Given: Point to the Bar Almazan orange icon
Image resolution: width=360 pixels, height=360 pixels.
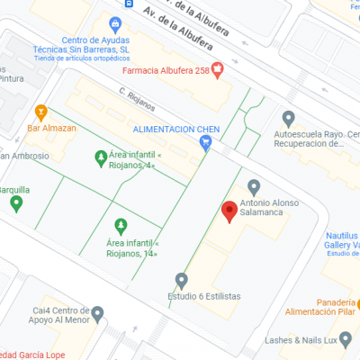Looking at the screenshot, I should [x=40, y=112].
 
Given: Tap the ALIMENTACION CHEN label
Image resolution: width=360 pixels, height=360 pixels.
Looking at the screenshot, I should [x=172, y=129].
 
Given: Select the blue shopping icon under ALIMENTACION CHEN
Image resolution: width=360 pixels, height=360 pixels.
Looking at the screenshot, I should [x=205, y=141].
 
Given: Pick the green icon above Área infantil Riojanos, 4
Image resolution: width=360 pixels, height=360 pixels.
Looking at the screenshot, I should [x=100, y=158].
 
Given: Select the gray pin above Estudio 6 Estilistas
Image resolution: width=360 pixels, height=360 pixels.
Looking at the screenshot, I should [x=182, y=279].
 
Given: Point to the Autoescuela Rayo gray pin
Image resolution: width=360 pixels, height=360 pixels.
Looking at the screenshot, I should [x=289, y=118].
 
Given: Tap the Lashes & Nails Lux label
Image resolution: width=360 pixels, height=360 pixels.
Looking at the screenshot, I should [x=301, y=340].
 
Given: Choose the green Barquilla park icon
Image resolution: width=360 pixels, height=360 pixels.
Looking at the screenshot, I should [x=16, y=203].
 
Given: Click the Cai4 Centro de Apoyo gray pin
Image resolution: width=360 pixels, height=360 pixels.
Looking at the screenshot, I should [x=97, y=313].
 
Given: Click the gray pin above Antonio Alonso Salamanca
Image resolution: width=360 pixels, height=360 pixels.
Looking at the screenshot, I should [x=255, y=186].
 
